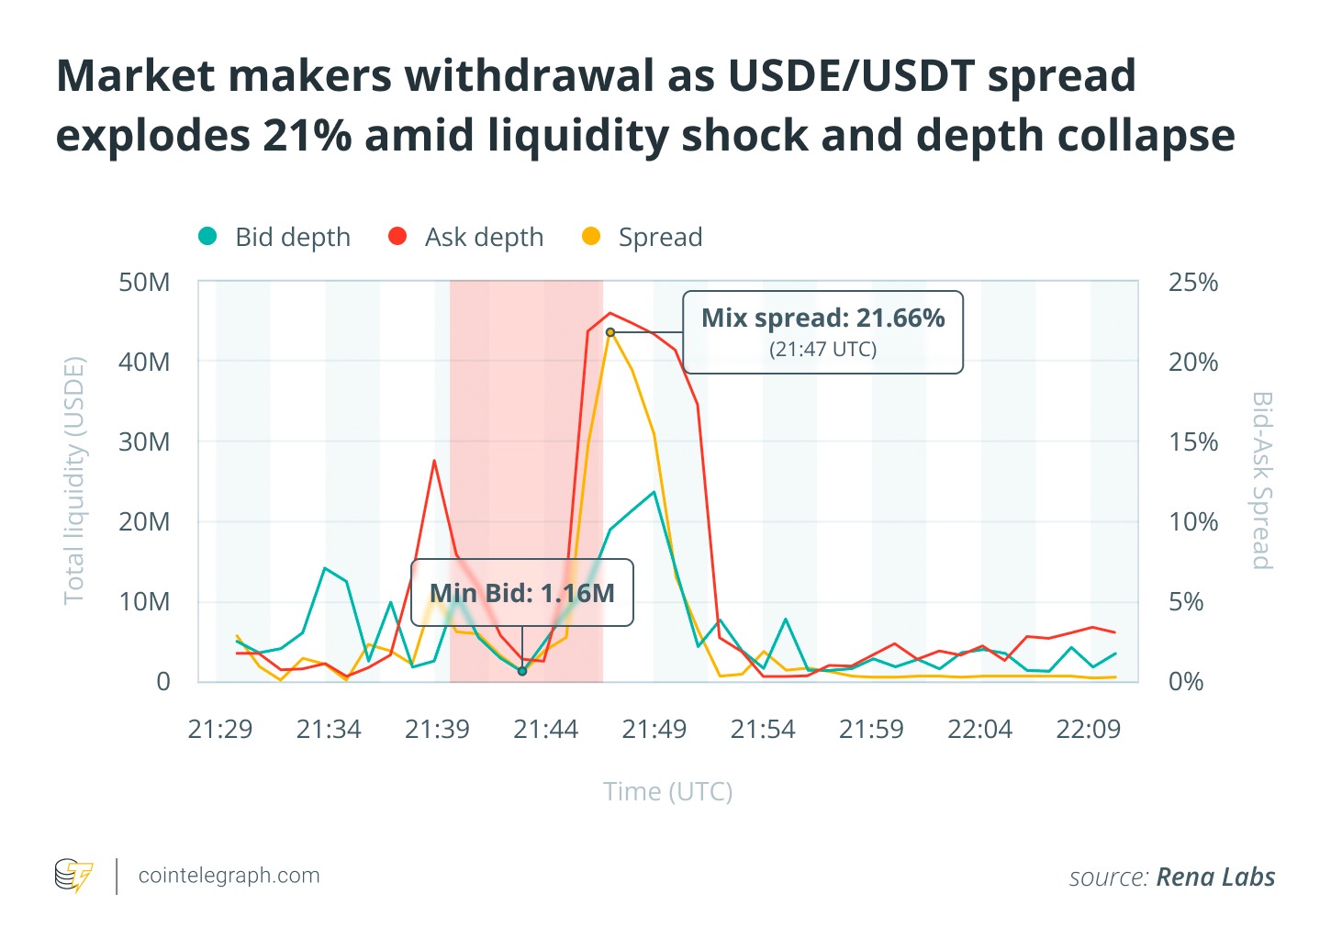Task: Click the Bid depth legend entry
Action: point(274,237)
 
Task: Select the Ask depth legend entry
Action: point(466,237)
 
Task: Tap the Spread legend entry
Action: point(643,237)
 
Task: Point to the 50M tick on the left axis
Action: point(144,282)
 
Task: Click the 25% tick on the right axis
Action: point(1193,282)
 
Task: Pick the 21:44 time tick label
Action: point(546,729)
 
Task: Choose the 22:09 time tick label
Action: point(1089,729)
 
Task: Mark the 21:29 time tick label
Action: point(220,729)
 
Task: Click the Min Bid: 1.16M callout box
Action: point(522,593)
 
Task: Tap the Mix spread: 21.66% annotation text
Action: point(823,319)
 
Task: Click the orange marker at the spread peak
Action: point(610,332)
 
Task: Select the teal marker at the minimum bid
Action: point(522,671)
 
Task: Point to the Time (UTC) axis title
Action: point(667,791)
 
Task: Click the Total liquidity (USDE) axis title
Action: point(74,481)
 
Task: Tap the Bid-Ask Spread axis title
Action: point(1262,481)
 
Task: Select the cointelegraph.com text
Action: point(229,876)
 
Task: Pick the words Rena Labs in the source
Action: point(1215,877)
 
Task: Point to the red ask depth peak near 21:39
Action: point(434,461)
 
